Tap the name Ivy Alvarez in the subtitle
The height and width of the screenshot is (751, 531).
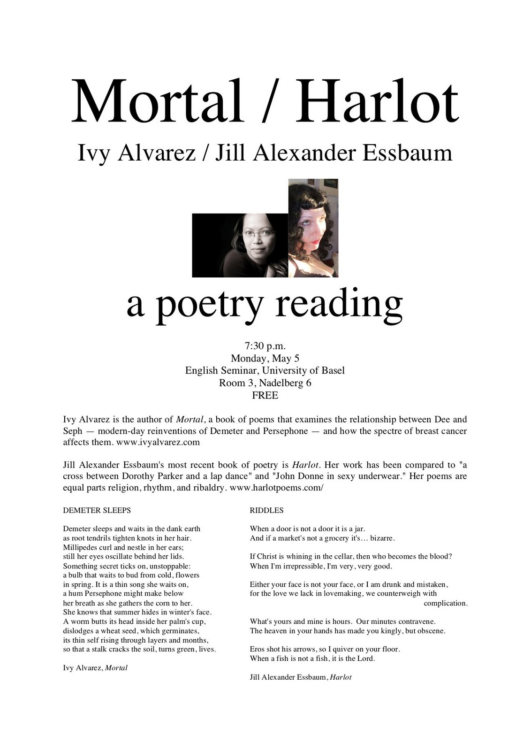(136, 153)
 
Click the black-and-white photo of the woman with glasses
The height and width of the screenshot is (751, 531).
(240, 245)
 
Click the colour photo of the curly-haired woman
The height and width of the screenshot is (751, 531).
(313, 228)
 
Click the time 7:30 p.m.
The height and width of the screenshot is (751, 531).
(265, 346)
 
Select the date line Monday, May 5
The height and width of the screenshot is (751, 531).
(265, 359)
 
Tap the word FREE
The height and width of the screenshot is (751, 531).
(265, 395)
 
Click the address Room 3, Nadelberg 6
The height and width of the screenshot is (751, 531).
(265, 383)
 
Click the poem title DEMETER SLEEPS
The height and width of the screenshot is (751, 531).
(97, 510)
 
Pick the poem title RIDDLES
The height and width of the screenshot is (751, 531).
(266, 510)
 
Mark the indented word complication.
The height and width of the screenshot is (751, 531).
(445, 603)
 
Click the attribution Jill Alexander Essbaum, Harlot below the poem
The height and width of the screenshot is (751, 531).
(300, 677)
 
